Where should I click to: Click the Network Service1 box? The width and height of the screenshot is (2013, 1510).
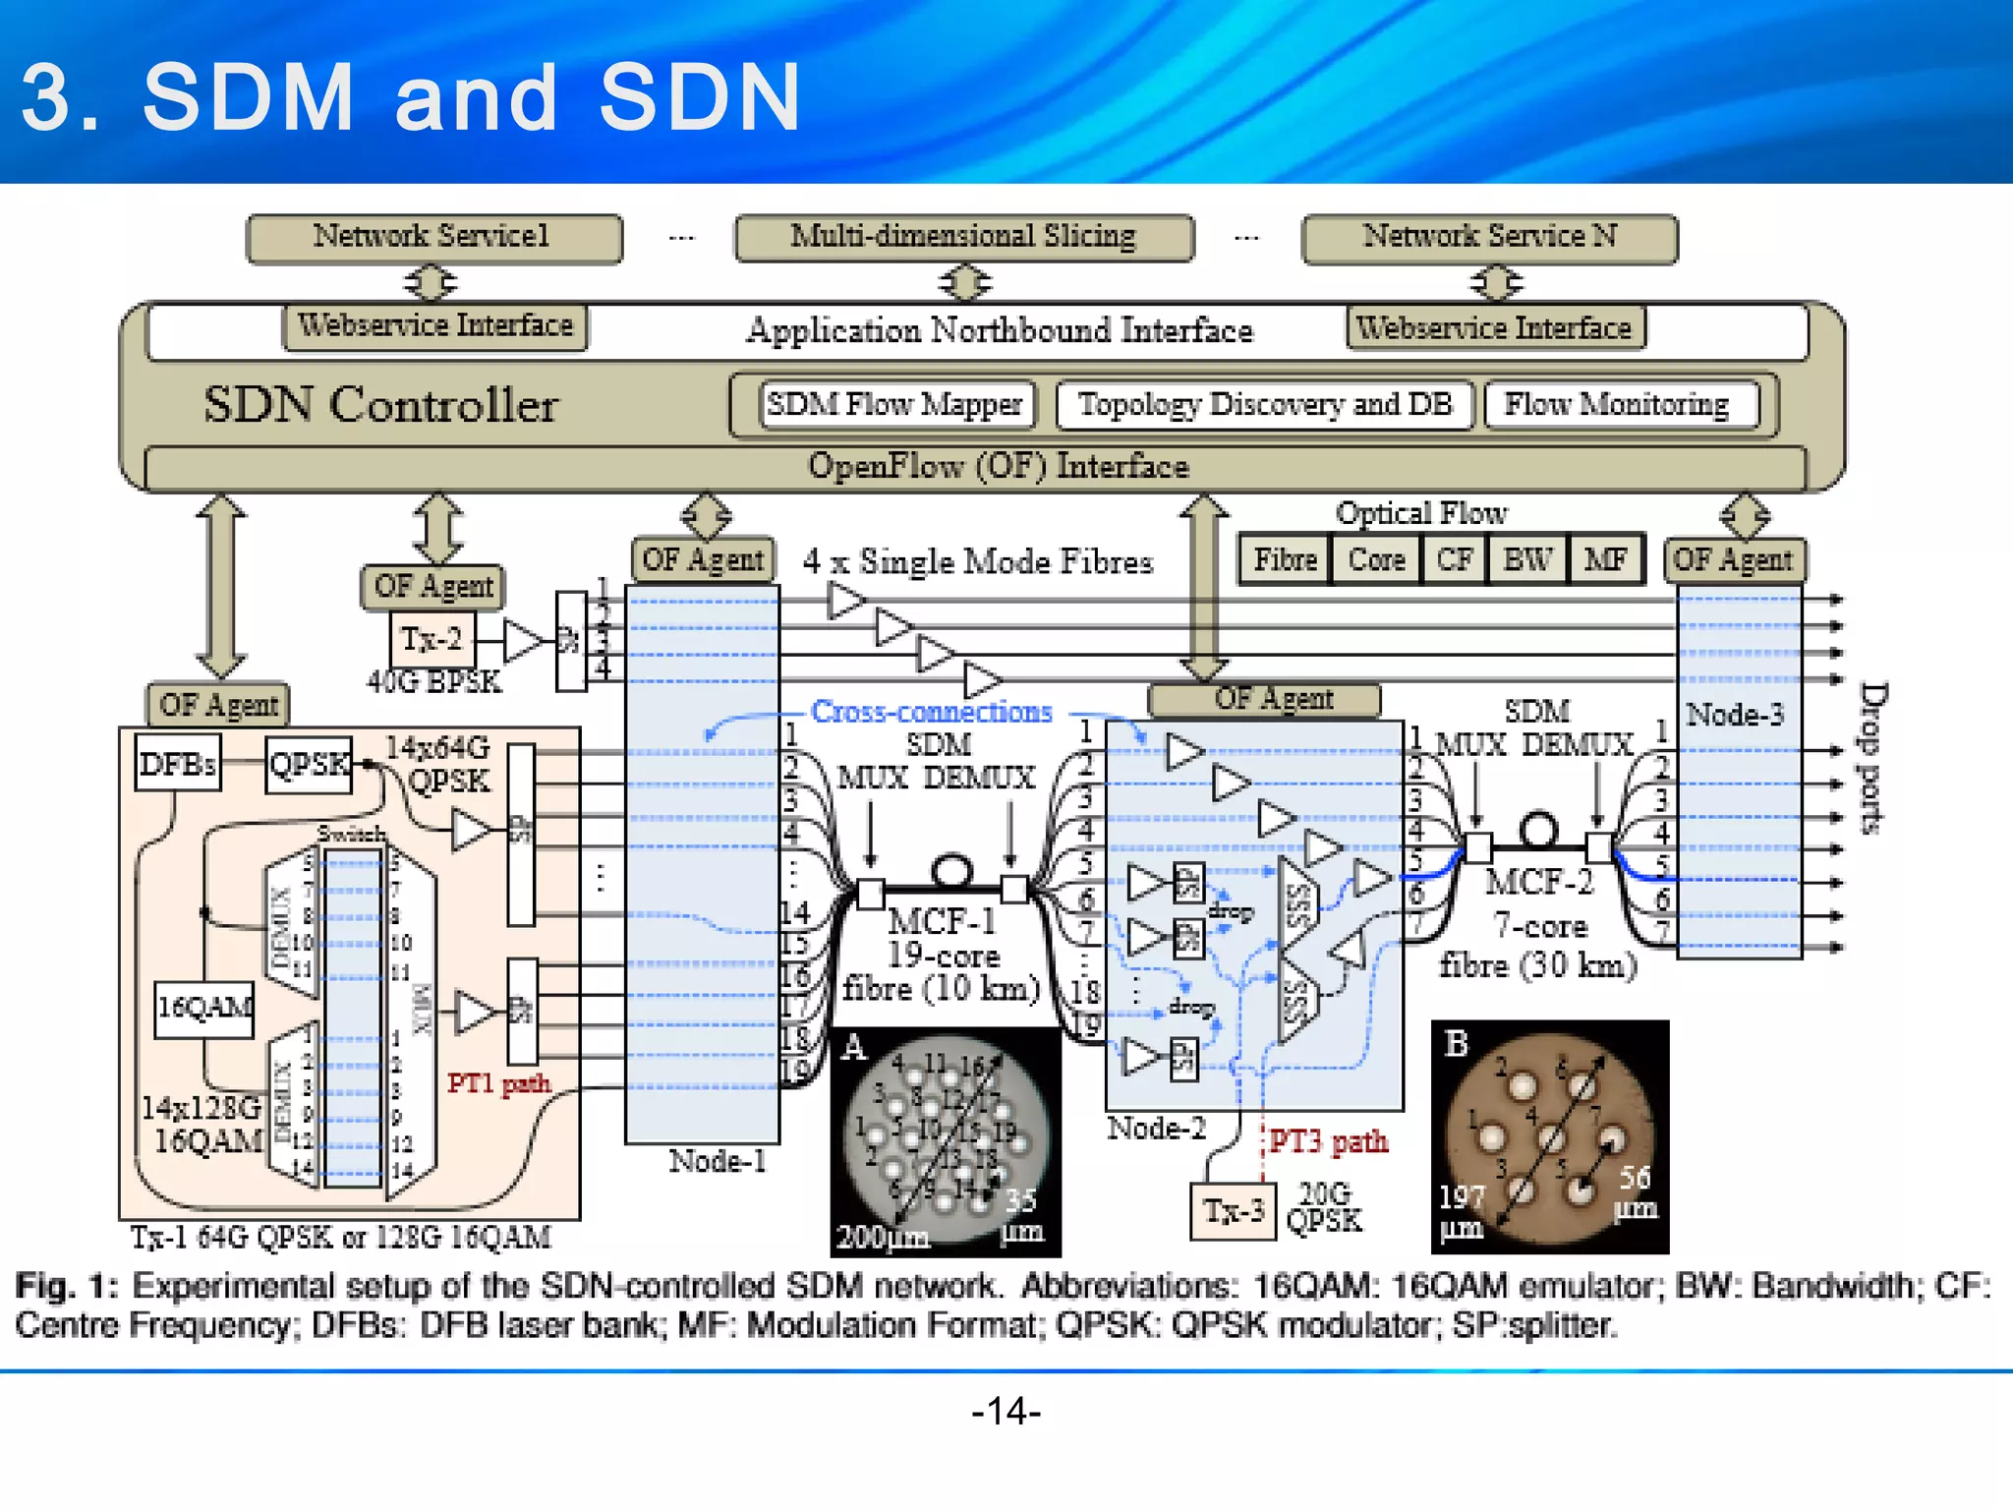(x=433, y=238)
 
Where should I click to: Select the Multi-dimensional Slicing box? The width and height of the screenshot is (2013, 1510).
(x=963, y=237)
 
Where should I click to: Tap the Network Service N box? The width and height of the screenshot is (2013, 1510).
(x=1489, y=238)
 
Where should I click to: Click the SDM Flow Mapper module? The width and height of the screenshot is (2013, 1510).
(x=895, y=405)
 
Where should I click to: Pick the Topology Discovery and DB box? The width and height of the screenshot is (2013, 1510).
(x=1265, y=405)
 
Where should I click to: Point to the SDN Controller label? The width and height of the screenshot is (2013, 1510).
(x=380, y=405)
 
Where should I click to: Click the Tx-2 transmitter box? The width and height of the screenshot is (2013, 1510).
(x=431, y=640)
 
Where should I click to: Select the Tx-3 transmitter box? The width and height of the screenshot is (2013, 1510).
(x=1234, y=1210)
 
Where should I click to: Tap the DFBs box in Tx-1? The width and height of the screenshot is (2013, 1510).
(x=178, y=764)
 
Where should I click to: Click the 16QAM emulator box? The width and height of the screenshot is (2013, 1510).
(x=204, y=1008)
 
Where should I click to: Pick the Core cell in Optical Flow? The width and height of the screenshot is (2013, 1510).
(x=1376, y=560)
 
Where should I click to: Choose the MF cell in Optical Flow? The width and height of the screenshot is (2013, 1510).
(x=1605, y=560)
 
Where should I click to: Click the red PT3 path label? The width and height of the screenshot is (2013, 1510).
(x=1328, y=1142)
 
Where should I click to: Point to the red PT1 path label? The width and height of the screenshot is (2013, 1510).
(x=498, y=1083)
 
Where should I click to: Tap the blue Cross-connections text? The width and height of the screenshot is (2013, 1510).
(x=931, y=712)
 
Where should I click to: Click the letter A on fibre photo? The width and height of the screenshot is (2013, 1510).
(x=854, y=1047)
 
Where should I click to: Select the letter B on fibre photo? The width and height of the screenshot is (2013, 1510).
(x=1457, y=1043)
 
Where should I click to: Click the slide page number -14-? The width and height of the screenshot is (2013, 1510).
(x=1006, y=1412)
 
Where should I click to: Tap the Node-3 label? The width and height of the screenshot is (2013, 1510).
(x=1735, y=715)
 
